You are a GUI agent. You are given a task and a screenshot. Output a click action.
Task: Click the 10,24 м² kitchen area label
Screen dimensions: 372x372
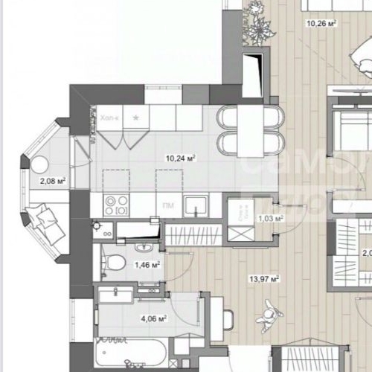181,158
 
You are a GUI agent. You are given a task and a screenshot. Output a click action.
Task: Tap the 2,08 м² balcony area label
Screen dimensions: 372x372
53,180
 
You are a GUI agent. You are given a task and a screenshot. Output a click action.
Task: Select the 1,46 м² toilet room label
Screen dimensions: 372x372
147,264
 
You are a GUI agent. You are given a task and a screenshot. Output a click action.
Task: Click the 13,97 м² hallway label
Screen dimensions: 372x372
264,279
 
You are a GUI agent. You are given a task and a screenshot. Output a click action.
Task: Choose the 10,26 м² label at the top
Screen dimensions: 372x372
321,23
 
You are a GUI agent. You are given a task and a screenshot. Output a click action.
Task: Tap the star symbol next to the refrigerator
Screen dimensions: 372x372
135,118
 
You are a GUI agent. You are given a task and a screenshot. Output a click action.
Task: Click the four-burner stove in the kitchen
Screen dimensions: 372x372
115,204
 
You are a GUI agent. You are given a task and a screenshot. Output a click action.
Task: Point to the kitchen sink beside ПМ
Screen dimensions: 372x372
196,204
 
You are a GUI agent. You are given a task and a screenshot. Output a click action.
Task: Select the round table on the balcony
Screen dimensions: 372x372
36,166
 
